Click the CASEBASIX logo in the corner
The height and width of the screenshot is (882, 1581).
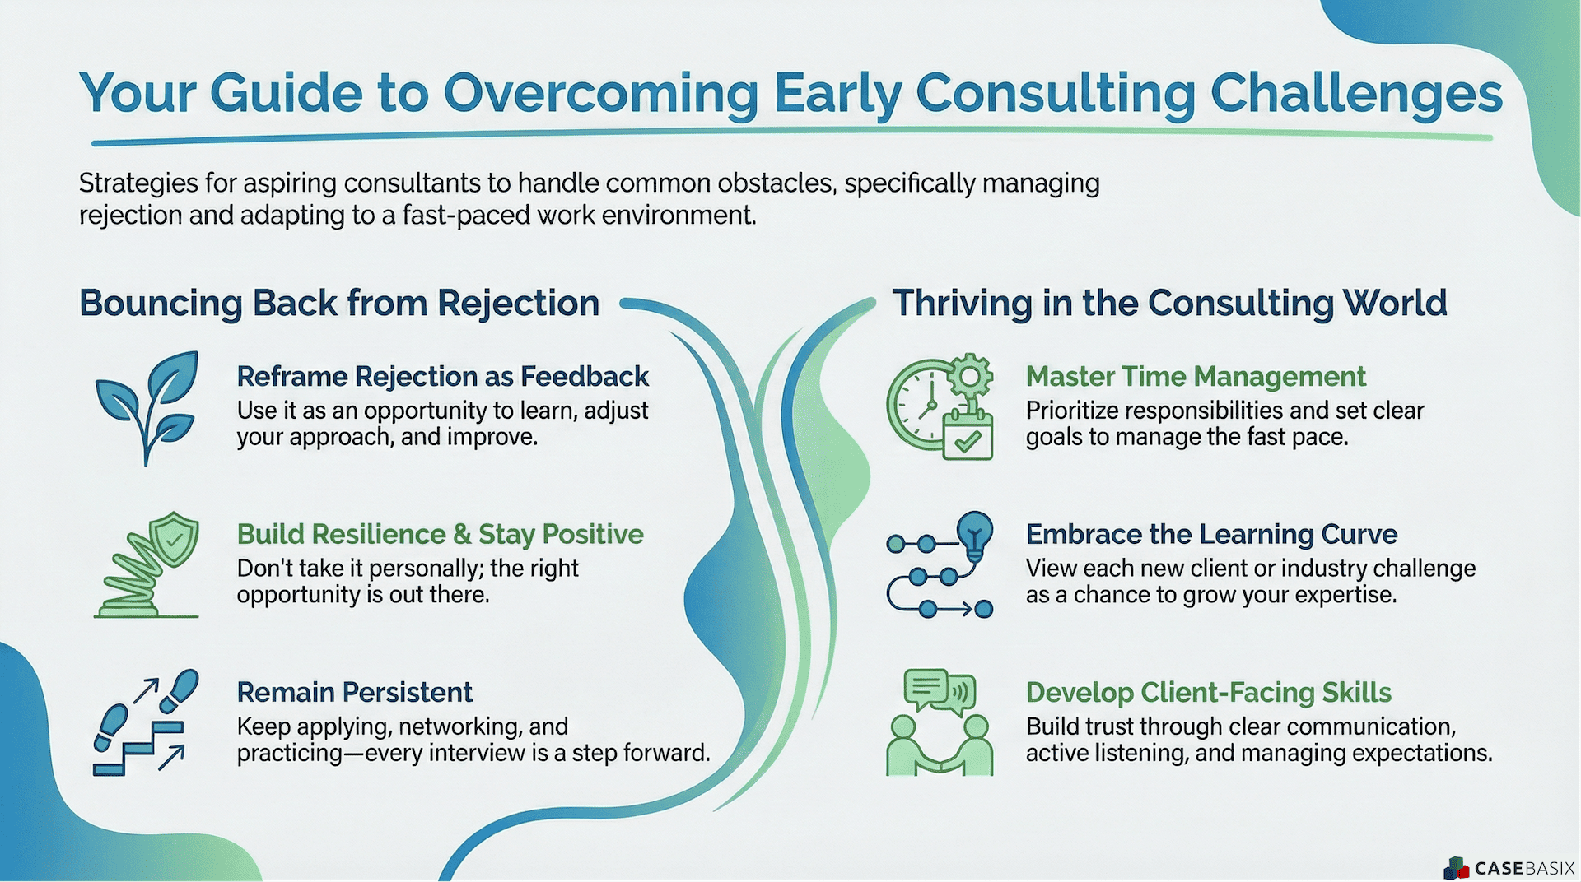(x=1509, y=867)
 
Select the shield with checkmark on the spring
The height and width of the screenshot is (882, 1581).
(x=173, y=539)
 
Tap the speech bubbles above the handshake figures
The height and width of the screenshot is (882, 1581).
(x=940, y=691)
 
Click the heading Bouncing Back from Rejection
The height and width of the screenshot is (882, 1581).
(x=339, y=303)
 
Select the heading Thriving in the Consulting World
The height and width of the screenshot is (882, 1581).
(x=1169, y=303)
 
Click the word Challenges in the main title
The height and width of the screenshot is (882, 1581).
(x=1356, y=93)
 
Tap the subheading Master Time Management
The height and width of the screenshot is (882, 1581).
(x=1195, y=376)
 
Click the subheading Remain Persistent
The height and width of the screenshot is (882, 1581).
(x=354, y=692)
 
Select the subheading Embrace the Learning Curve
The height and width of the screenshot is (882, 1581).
(x=1211, y=534)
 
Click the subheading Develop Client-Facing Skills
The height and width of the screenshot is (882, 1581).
(x=1208, y=692)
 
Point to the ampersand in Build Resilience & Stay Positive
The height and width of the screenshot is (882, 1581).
(x=462, y=534)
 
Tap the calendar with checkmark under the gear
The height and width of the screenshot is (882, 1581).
(x=968, y=437)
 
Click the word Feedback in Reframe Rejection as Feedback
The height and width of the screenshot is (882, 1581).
(x=585, y=376)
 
